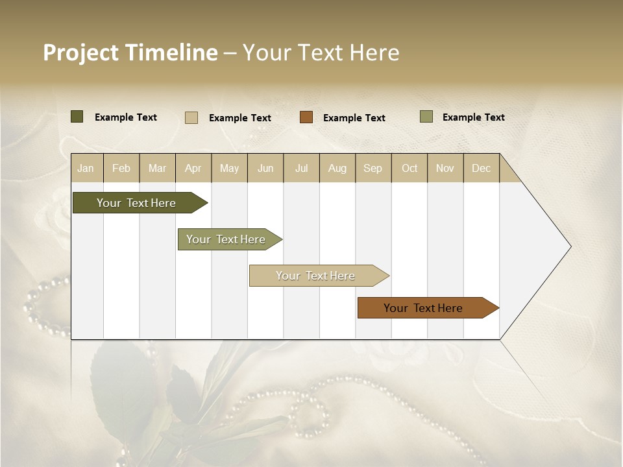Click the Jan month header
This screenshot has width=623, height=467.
86,168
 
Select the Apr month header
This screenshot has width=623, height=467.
193,168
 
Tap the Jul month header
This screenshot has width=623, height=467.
301,168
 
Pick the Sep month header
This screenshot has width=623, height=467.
373,168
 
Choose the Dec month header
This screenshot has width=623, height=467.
481,168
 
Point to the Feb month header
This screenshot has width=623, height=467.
121,168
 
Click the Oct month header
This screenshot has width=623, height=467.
409,168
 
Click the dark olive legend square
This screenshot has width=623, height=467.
77,117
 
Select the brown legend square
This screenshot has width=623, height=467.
306,117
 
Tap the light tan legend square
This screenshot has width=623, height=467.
191,117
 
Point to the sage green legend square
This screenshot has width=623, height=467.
426,117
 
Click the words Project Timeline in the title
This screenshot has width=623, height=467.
130,53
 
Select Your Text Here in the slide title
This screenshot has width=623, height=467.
321,53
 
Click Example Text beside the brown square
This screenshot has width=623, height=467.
354,118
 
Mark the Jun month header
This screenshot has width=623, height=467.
265,168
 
